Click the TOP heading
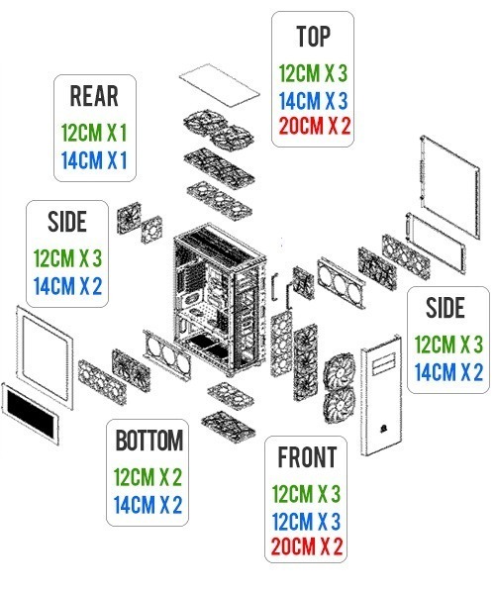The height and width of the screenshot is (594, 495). [x=313, y=37]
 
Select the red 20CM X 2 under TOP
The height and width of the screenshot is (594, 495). [x=315, y=126]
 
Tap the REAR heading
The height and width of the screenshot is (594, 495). [x=94, y=96]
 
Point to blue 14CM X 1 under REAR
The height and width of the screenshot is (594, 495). [x=94, y=159]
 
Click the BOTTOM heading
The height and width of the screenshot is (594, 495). [x=148, y=441]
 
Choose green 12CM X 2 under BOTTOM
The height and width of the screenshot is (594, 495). [x=148, y=477]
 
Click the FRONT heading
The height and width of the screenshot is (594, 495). [x=307, y=457]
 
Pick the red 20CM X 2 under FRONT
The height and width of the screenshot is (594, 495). [x=307, y=546]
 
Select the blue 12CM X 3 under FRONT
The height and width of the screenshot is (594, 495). [x=306, y=522]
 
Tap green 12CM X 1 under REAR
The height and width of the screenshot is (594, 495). [x=94, y=133]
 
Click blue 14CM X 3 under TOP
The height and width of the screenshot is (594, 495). [x=313, y=101]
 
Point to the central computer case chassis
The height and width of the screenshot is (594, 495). [x=220, y=299]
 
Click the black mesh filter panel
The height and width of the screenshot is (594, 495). [x=31, y=413]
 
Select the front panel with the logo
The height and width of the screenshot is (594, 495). [x=381, y=396]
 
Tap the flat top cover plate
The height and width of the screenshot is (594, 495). [x=220, y=85]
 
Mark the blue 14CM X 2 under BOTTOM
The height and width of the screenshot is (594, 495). [x=148, y=505]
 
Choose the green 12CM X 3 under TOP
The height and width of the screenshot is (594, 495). [x=313, y=73]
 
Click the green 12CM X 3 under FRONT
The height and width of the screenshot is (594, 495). [x=306, y=494]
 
